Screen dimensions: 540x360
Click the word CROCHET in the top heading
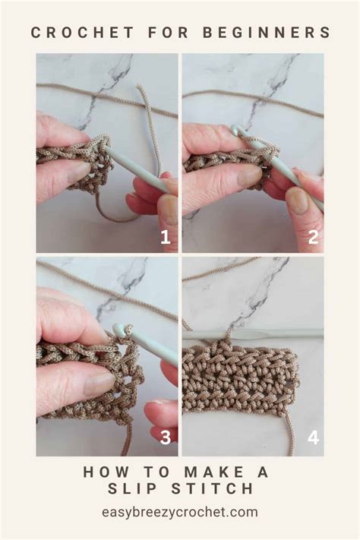click(71, 32)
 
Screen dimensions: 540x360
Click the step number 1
click(165, 237)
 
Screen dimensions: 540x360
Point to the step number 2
click(311, 237)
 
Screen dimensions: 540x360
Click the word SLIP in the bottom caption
click(144, 488)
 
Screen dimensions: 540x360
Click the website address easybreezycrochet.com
click(180, 512)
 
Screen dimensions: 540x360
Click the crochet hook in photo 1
click(141, 171)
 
